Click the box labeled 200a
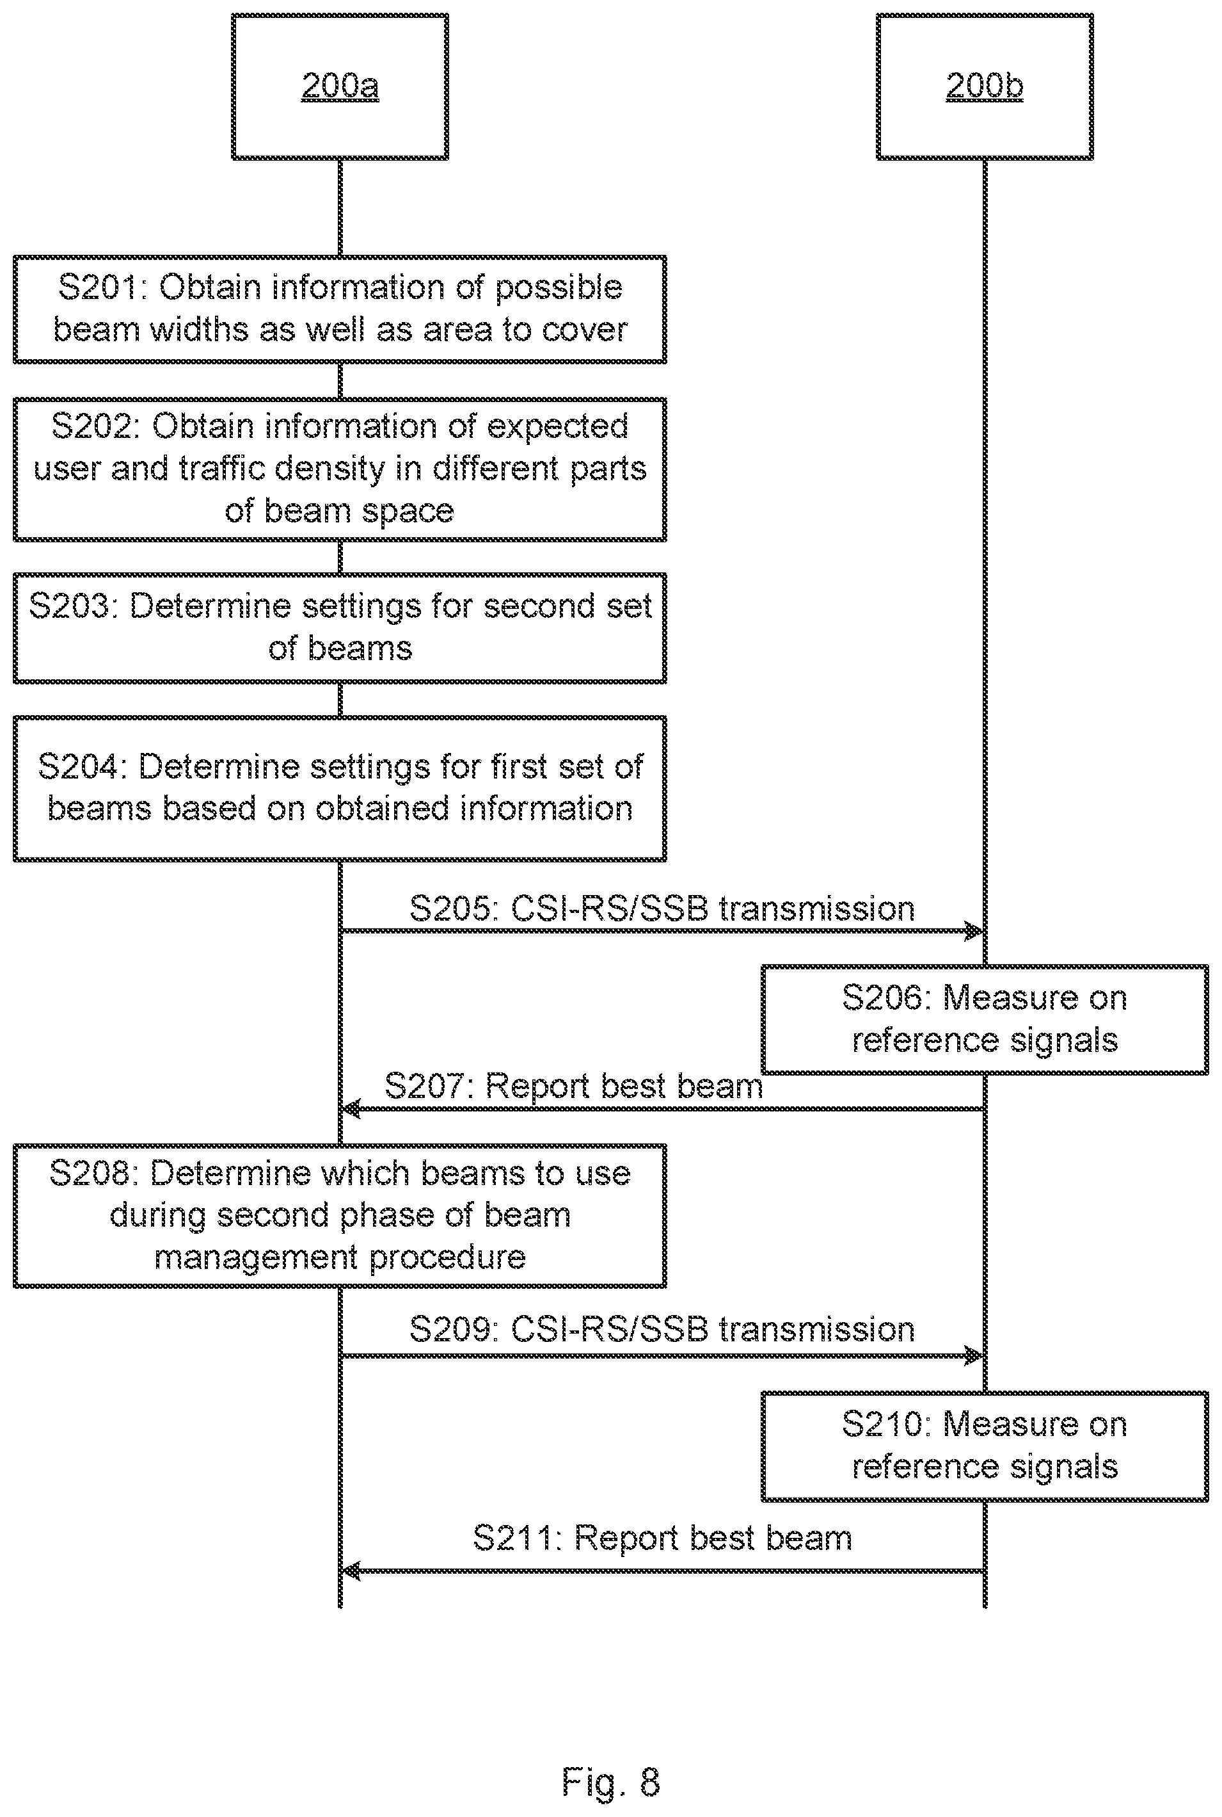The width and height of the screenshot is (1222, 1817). click(x=340, y=86)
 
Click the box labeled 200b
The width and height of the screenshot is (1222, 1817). click(x=984, y=86)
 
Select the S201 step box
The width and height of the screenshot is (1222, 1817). click(x=340, y=309)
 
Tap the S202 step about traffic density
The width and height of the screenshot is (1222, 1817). click(x=340, y=469)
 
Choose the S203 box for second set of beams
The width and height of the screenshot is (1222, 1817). click(x=340, y=629)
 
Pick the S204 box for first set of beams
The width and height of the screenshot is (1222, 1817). click(x=340, y=788)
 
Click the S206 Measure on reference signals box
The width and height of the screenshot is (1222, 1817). click(x=984, y=1020)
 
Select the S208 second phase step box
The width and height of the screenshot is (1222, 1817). click(x=340, y=1216)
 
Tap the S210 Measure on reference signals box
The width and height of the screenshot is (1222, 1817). click(x=984, y=1446)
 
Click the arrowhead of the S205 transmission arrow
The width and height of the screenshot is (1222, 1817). click(x=976, y=930)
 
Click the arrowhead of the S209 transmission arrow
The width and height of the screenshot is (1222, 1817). click(x=976, y=1356)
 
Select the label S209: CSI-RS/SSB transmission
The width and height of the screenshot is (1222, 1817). click(x=662, y=1330)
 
